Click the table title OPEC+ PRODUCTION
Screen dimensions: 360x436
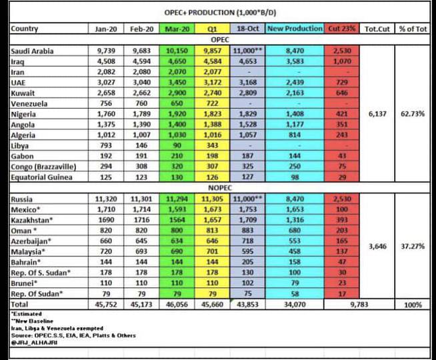(217, 13)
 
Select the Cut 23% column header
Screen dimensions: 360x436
(341, 29)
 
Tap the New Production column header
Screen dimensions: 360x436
(295, 29)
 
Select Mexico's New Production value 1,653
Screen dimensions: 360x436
(294, 210)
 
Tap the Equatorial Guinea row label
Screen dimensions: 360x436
(41, 178)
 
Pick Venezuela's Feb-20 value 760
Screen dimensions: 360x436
(141, 104)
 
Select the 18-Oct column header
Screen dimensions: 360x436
(247, 29)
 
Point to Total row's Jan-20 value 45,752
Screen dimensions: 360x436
(106, 305)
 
